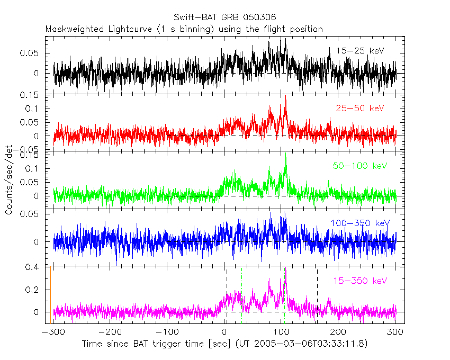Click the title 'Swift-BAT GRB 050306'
225,17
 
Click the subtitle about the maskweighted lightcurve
184,29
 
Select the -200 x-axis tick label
110,332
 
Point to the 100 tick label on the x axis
282,332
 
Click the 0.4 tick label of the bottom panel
33,267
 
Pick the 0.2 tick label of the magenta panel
33,290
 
